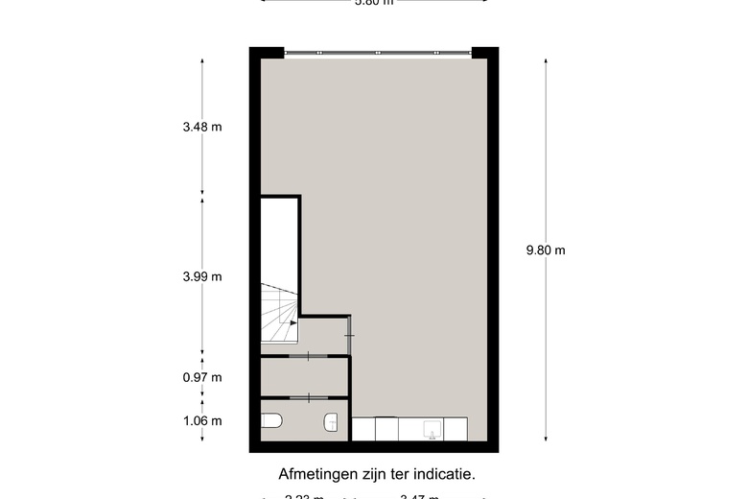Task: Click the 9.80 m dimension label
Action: click(x=546, y=250)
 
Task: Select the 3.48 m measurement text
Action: click(x=202, y=127)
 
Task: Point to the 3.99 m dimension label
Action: click(x=202, y=276)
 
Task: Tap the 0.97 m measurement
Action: click(x=202, y=377)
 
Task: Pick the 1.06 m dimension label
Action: click(x=202, y=420)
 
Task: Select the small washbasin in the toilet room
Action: click(x=332, y=421)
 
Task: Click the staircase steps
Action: click(x=278, y=313)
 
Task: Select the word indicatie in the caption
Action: click(x=444, y=473)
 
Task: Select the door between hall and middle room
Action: click(x=306, y=356)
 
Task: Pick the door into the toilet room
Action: click(x=306, y=397)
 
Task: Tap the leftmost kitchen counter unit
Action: click(x=363, y=429)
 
